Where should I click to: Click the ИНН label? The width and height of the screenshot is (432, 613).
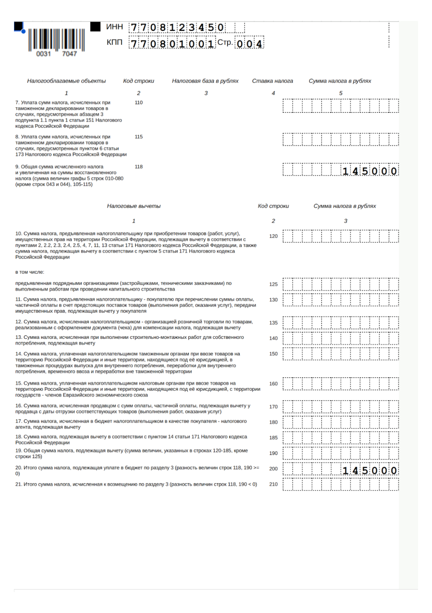click(x=114, y=27)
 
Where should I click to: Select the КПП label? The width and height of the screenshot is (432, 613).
click(x=114, y=42)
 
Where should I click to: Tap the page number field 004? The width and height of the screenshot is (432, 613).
click(x=249, y=44)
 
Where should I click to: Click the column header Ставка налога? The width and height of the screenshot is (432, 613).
click(x=273, y=81)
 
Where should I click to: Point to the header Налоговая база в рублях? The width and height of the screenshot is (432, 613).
click(x=205, y=81)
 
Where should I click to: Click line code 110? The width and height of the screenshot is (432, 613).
click(x=139, y=103)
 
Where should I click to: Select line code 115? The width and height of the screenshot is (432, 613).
click(x=139, y=137)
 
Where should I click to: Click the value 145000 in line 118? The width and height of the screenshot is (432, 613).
click(x=370, y=171)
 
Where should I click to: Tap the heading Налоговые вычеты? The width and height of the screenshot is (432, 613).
click(x=134, y=206)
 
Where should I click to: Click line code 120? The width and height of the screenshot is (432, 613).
click(x=273, y=236)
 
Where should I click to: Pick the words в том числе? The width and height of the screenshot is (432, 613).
click(x=30, y=272)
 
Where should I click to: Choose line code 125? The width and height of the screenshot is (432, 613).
click(x=273, y=284)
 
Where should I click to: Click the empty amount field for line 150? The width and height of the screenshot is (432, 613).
click(x=341, y=354)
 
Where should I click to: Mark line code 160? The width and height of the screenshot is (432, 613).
click(x=273, y=384)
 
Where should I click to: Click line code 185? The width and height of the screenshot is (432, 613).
click(x=273, y=438)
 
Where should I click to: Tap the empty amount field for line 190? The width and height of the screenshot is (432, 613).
click(x=341, y=453)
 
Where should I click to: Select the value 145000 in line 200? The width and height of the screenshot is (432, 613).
click(x=370, y=470)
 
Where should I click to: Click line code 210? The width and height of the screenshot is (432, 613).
click(x=273, y=484)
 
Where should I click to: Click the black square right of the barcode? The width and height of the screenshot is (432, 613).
click(x=95, y=27)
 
